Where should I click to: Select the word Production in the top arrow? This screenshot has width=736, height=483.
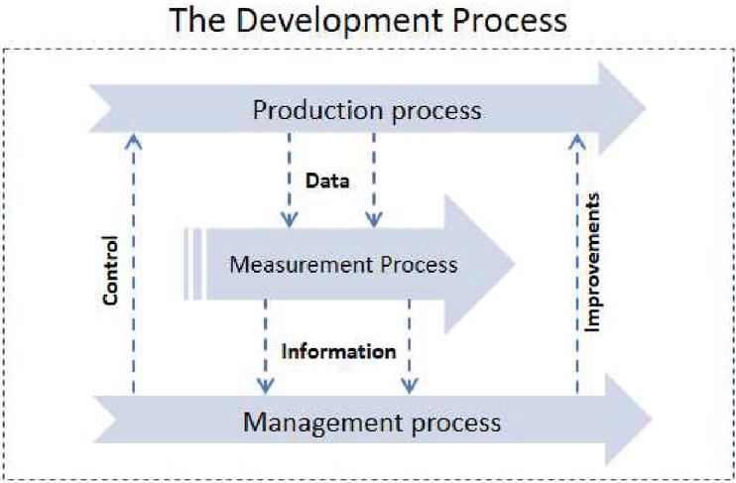(x=318, y=111)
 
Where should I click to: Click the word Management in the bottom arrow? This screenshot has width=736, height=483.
(x=323, y=423)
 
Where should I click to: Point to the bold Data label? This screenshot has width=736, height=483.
(x=327, y=181)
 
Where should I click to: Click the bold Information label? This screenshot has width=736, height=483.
(x=338, y=351)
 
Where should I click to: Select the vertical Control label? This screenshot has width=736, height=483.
(x=110, y=271)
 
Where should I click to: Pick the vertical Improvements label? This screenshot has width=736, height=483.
(x=592, y=263)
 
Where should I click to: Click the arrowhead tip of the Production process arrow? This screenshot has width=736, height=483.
(x=646, y=108)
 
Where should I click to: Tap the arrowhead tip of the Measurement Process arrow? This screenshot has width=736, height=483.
(x=516, y=264)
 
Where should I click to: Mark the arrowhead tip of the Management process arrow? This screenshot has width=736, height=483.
(x=652, y=420)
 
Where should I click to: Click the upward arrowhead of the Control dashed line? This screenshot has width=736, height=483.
(x=133, y=141)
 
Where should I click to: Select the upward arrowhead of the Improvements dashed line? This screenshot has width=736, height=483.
(x=577, y=142)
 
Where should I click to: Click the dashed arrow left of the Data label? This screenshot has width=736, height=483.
(x=290, y=181)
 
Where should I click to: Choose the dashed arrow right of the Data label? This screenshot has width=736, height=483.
(x=374, y=181)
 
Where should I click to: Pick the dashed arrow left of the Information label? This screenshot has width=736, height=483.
(x=266, y=346)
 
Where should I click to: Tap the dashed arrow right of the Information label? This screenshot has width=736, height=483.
(x=410, y=346)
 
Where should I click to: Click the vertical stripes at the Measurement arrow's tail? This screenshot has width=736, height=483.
(x=192, y=264)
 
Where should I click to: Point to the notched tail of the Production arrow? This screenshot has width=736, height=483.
(x=101, y=108)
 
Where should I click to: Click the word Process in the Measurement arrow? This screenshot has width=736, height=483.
(x=419, y=264)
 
